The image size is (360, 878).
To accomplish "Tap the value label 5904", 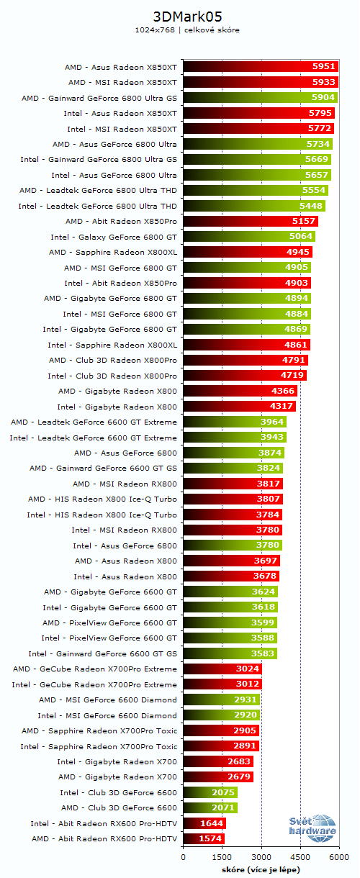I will click(323, 98).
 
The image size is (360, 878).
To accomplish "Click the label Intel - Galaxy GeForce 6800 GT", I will click(113, 237).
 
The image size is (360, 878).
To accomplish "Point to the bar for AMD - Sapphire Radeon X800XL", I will click(248, 252).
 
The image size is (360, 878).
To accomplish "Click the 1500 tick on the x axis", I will click(222, 857).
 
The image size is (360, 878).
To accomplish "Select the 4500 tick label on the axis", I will click(300, 857).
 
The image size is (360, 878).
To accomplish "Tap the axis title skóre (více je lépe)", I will click(261, 869).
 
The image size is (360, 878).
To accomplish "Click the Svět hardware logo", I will click(312, 828).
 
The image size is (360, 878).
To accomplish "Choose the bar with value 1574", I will click(204, 838).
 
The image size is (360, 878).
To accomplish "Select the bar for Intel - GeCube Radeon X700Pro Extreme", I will click(222, 684).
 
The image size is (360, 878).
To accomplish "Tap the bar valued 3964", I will click(235, 422).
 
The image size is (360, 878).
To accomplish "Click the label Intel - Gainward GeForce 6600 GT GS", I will click(102, 653).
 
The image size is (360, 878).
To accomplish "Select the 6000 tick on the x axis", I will click(339, 857).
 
